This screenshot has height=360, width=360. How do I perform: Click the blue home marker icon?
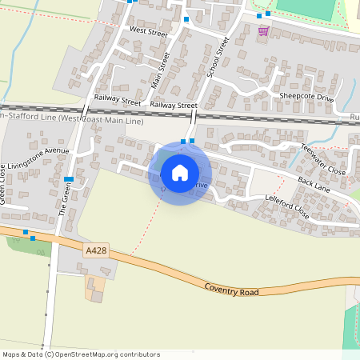click(180, 172)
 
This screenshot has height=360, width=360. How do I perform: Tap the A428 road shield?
click(95, 251)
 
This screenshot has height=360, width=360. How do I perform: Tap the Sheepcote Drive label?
click(306, 96)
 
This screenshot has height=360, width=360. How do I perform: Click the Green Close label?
click(3, 185)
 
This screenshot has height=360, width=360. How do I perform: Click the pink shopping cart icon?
click(263, 30)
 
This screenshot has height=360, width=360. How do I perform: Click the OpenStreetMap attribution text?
click(81, 354)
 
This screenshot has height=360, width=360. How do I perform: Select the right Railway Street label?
click(174, 106)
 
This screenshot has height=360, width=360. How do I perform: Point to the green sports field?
click(304, 9)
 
